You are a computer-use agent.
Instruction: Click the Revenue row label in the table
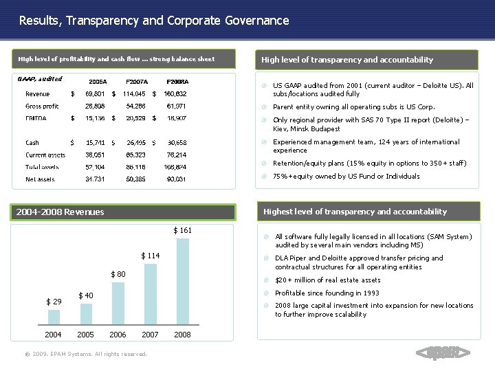(x=37, y=93)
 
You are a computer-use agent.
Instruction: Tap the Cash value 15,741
(x=96, y=142)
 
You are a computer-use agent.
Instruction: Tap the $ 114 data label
(x=151, y=256)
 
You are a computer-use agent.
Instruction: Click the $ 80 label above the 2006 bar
(x=120, y=275)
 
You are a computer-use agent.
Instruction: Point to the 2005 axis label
(x=86, y=336)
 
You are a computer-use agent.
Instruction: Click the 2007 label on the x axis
(x=150, y=336)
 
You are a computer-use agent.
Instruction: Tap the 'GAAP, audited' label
(x=39, y=79)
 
